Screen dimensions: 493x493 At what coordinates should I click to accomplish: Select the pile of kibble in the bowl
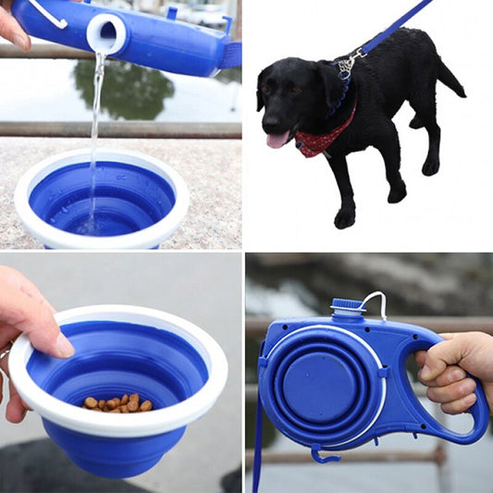pos(118,402)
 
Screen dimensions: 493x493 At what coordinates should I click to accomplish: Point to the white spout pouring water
pos(106,33)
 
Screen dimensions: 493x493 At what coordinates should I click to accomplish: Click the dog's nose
pos(268,120)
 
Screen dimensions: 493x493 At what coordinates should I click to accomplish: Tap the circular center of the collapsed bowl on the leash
pos(317,380)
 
